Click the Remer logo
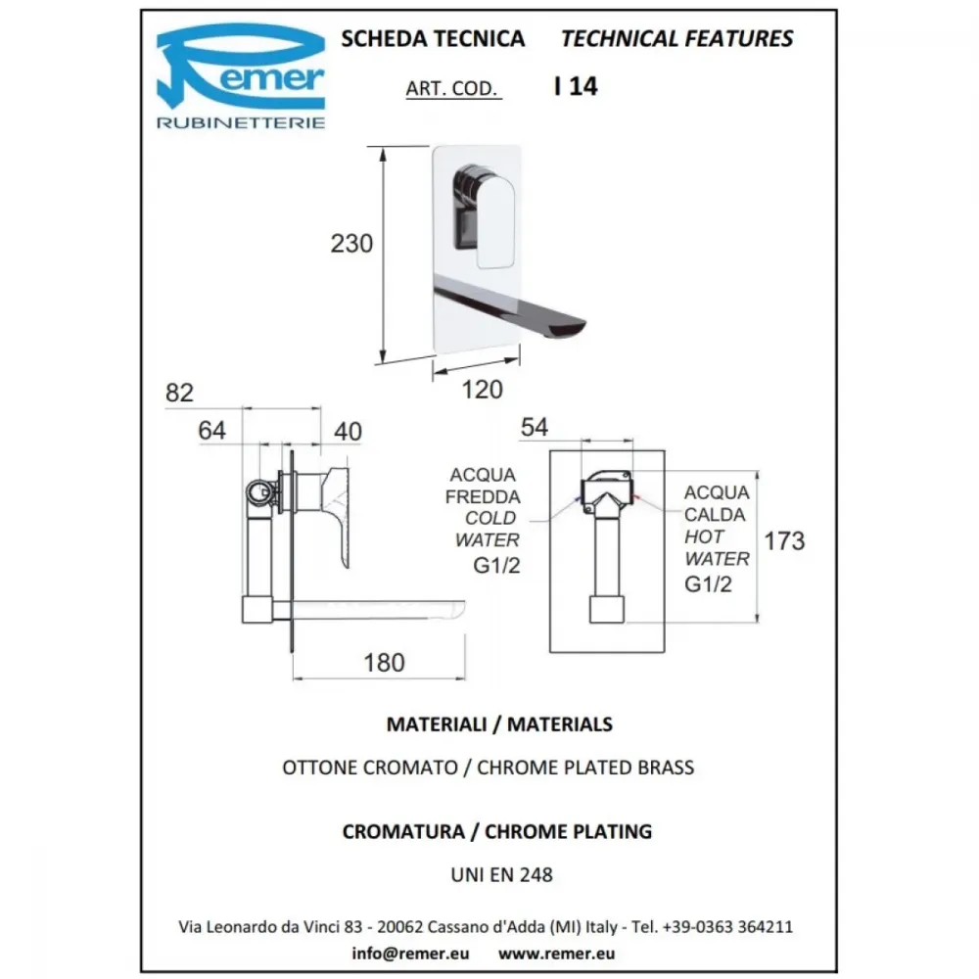pos(241,75)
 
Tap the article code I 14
pos(576,86)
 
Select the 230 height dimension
pos(351,244)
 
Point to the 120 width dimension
pos(482,390)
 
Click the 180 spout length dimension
pos(384,663)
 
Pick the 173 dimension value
pos(785,540)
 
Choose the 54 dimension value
pos(535,427)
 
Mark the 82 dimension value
pos(180,393)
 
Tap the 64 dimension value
pos(211,430)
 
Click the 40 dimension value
pos(348,432)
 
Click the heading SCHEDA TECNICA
pos(433,39)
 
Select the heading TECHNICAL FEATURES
pos(676,39)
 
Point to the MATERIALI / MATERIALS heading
pos(499,724)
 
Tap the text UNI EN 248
pos(502,874)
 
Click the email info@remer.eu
pos(410,954)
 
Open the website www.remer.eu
pos(556,954)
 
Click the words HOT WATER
pos(717,547)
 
